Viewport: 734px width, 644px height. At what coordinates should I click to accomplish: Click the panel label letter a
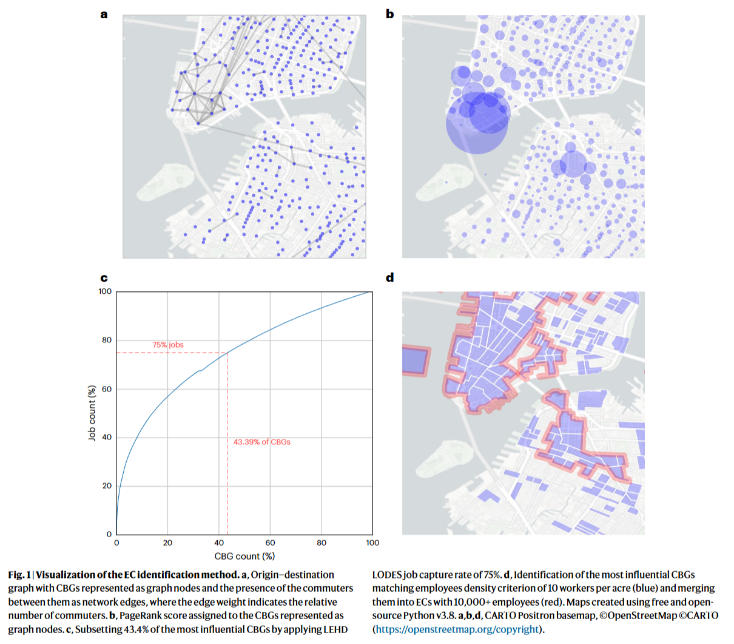point(104,15)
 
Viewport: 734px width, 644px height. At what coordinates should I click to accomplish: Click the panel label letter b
point(389,14)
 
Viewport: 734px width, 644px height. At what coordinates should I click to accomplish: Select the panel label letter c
point(104,278)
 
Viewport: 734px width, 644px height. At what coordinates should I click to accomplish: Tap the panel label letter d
point(390,277)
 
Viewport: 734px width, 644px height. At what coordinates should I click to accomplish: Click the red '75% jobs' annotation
point(168,345)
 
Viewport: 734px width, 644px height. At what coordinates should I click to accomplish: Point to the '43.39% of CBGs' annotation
point(261,442)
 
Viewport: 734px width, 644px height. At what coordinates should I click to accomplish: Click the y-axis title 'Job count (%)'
point(92,413)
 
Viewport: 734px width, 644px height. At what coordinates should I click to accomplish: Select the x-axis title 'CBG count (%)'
point(244,556)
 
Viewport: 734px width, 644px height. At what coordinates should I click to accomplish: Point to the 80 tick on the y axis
point(107,340)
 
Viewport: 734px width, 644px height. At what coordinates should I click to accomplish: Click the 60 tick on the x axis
point(270,543)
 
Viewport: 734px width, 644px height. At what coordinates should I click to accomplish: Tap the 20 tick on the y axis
point(107,486)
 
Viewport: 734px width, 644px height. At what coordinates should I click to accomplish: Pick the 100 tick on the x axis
point(372,543)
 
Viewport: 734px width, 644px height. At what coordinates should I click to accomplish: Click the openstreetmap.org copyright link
point(457,629)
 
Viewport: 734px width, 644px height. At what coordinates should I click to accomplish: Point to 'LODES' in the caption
point(387,575)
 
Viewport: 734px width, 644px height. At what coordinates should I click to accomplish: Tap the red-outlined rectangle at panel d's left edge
point(416,361)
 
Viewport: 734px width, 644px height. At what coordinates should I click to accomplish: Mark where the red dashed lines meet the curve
point(227,353)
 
